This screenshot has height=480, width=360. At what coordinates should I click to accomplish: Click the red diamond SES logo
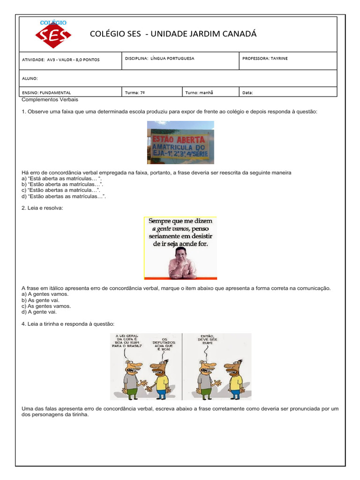tap(53, 35)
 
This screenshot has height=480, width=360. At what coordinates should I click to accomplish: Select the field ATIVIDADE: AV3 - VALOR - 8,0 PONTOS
tap(61, 60)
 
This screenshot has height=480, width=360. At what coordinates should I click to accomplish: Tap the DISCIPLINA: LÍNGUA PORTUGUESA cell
tap(159, 59)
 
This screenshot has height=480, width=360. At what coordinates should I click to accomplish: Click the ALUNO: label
tap(30, 79)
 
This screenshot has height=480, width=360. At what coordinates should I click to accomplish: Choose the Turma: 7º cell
tap(135, 93)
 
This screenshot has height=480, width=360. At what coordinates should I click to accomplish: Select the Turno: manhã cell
tap(199, 93)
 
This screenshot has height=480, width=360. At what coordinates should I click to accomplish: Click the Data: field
tap(247, 93)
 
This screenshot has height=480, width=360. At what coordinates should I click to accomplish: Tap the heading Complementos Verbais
tap(50, 100)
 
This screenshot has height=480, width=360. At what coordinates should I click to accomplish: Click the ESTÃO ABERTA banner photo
tap(180, 142)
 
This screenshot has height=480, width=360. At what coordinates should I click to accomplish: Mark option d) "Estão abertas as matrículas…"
tap(64, 196)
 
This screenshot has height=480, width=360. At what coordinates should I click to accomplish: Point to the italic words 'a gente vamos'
tap(171, 228)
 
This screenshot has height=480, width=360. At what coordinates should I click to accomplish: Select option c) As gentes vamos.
tap(46, 306)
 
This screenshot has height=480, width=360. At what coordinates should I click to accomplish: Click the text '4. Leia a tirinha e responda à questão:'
tap(68, 324)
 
